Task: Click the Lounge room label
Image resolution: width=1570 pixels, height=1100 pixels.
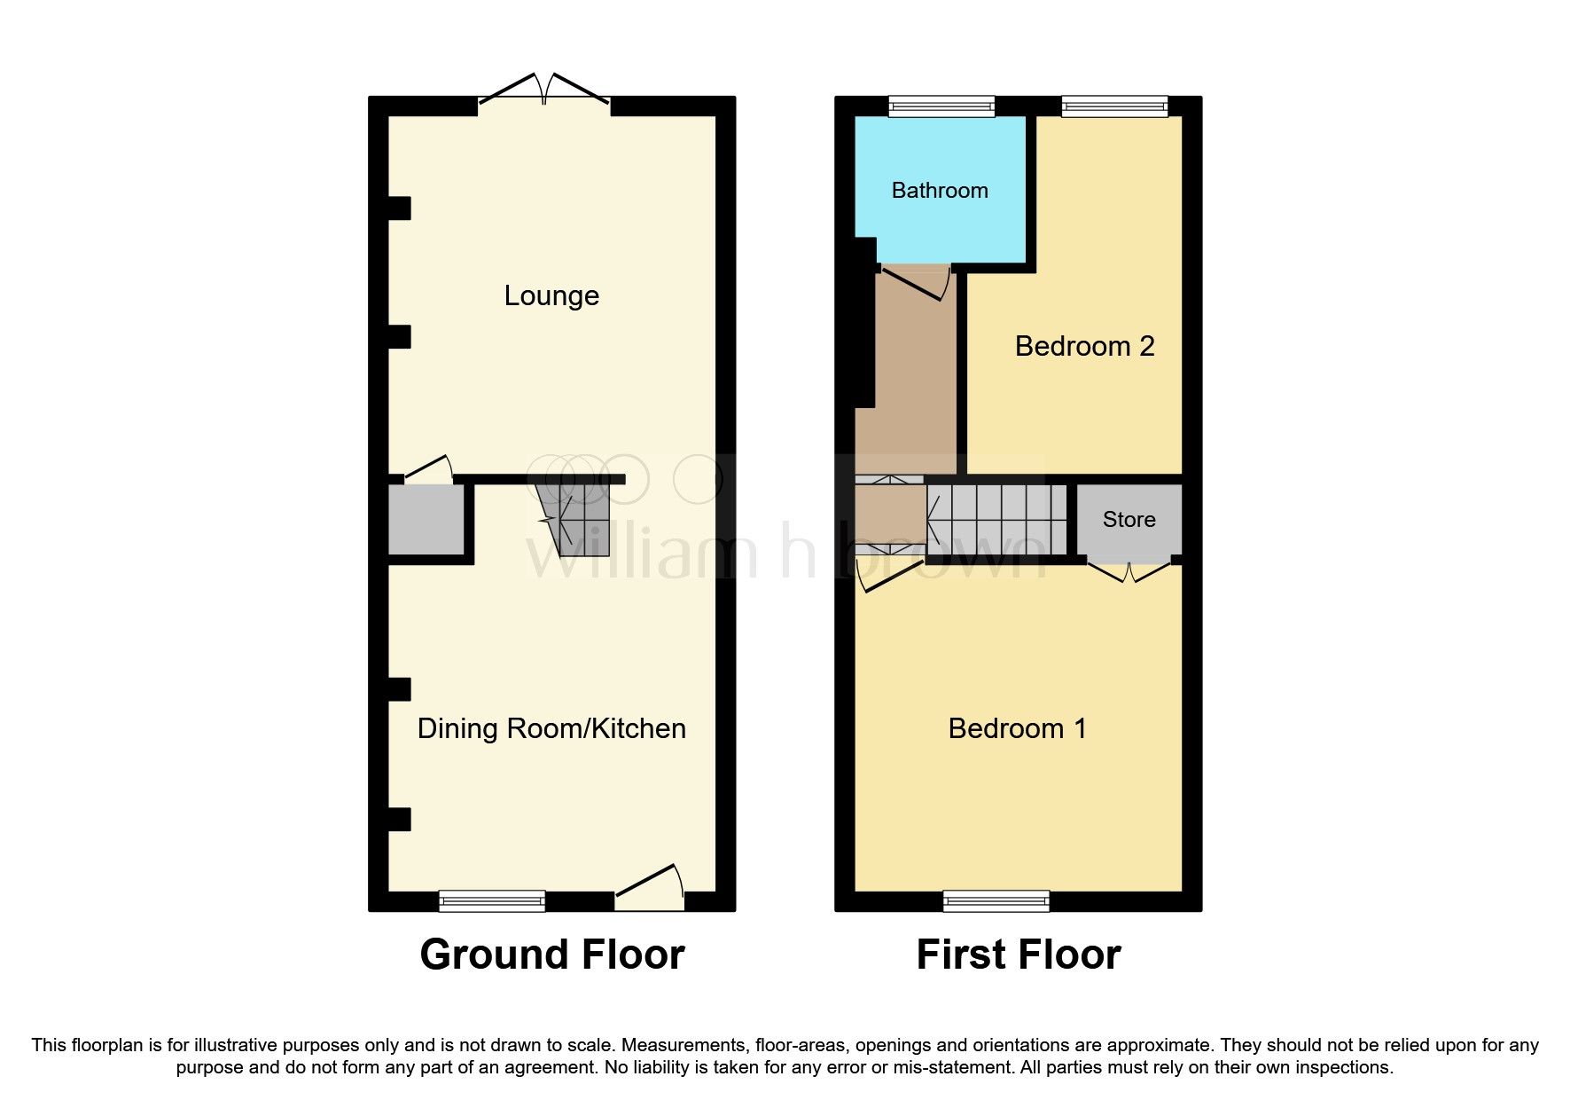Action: (x=551, y=295)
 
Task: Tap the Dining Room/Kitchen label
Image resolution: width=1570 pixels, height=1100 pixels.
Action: (x=551, y=728)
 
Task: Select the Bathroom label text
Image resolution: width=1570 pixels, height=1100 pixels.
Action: (x=940, y=191)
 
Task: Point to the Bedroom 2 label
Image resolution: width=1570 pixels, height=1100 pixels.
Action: (x=1084, y=346)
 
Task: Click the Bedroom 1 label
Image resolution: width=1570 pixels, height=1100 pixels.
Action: (x=1017, y=728)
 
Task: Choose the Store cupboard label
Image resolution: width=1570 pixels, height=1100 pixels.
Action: (x=1129, y=519)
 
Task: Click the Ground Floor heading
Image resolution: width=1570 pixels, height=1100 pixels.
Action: (x=551, y=955)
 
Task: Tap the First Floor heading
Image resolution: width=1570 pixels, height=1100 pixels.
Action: (x=1018, y=955)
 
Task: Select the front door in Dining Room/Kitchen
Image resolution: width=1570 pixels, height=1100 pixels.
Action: (x=650, y=887)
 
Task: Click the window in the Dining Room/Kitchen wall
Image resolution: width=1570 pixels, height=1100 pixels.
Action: (x=492, y=901)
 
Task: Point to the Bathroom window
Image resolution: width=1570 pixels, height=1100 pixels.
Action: (x=941, y=106)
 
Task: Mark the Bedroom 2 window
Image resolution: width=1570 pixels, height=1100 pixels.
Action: (x=1114, y=106)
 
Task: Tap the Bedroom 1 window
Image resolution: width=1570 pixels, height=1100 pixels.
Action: (x=996, y=901)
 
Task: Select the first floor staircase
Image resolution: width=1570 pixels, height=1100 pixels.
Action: (x=997, y=520)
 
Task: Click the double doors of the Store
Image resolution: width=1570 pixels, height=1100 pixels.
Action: (x=1129, y=572)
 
